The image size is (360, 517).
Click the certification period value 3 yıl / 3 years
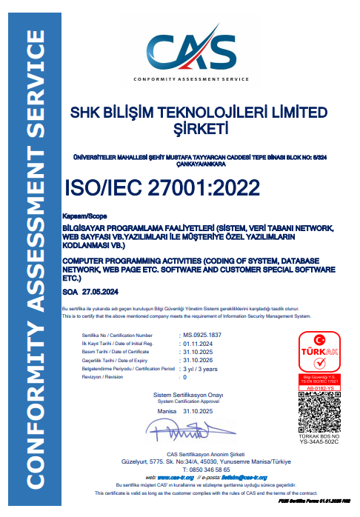coord(201,368)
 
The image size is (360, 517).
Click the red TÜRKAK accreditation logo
coord(319,357)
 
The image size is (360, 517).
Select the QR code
coord(319,413)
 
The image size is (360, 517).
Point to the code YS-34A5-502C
coord(319,449)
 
